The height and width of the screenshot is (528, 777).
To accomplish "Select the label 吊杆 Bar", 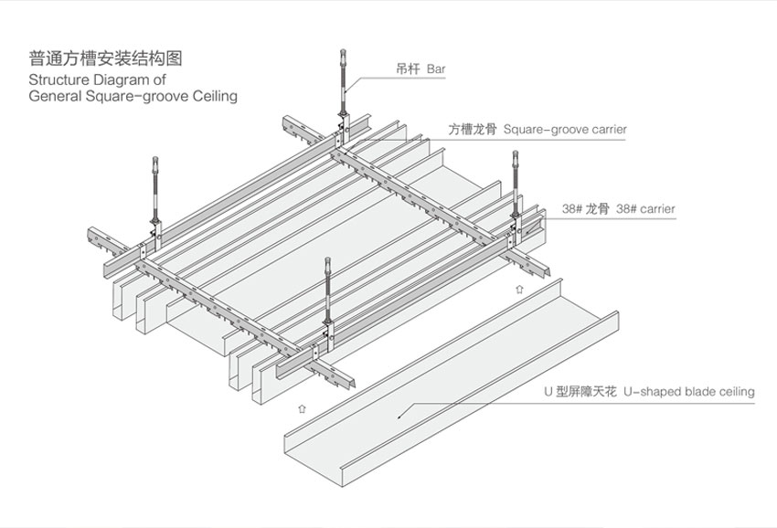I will pos(420,69).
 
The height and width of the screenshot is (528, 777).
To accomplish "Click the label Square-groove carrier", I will pos(565,130).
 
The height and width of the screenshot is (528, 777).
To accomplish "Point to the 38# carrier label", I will pos(645,209).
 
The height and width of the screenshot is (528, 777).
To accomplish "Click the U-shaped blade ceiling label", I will pos(688,392).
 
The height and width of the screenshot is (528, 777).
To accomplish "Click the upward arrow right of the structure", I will pos(519,289).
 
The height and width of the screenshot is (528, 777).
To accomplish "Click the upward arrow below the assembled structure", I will pos(299,401).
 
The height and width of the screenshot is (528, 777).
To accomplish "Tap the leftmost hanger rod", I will pos(153,196).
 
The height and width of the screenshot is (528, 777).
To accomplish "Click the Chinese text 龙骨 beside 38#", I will pos(597,209).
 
